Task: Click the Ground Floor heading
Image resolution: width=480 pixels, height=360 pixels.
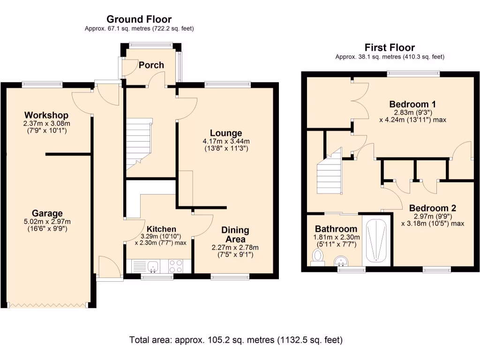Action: click(x=139, y=19)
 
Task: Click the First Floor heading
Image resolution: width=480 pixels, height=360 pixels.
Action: click(x=390, y=47)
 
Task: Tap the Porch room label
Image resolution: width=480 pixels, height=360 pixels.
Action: click(x=151, y=65)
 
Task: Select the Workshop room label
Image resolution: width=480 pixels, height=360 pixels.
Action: click(x=46, y=115)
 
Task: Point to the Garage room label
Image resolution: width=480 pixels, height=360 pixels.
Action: click(x=47, y=214)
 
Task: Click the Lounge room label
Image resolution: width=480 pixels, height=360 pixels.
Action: click(x=226, y=133)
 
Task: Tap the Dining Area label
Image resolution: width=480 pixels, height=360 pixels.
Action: click(x=235, y=234)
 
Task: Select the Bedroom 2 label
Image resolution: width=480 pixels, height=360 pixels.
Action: click(x=432, y=208)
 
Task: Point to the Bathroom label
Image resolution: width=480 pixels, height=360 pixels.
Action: click(x=336, y=229)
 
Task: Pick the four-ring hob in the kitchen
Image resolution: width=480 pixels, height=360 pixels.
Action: click(x=176, y=266)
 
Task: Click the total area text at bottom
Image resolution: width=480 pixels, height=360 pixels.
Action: click(x=236, y=339)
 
